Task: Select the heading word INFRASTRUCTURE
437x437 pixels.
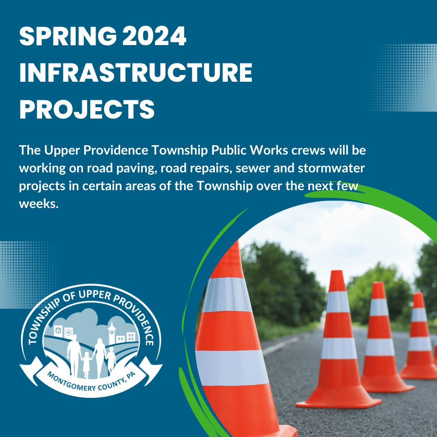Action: [x=136, y=74]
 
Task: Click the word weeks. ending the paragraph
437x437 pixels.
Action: [x=39, y=203]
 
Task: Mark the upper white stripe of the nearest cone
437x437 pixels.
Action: [x=227, y=295]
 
